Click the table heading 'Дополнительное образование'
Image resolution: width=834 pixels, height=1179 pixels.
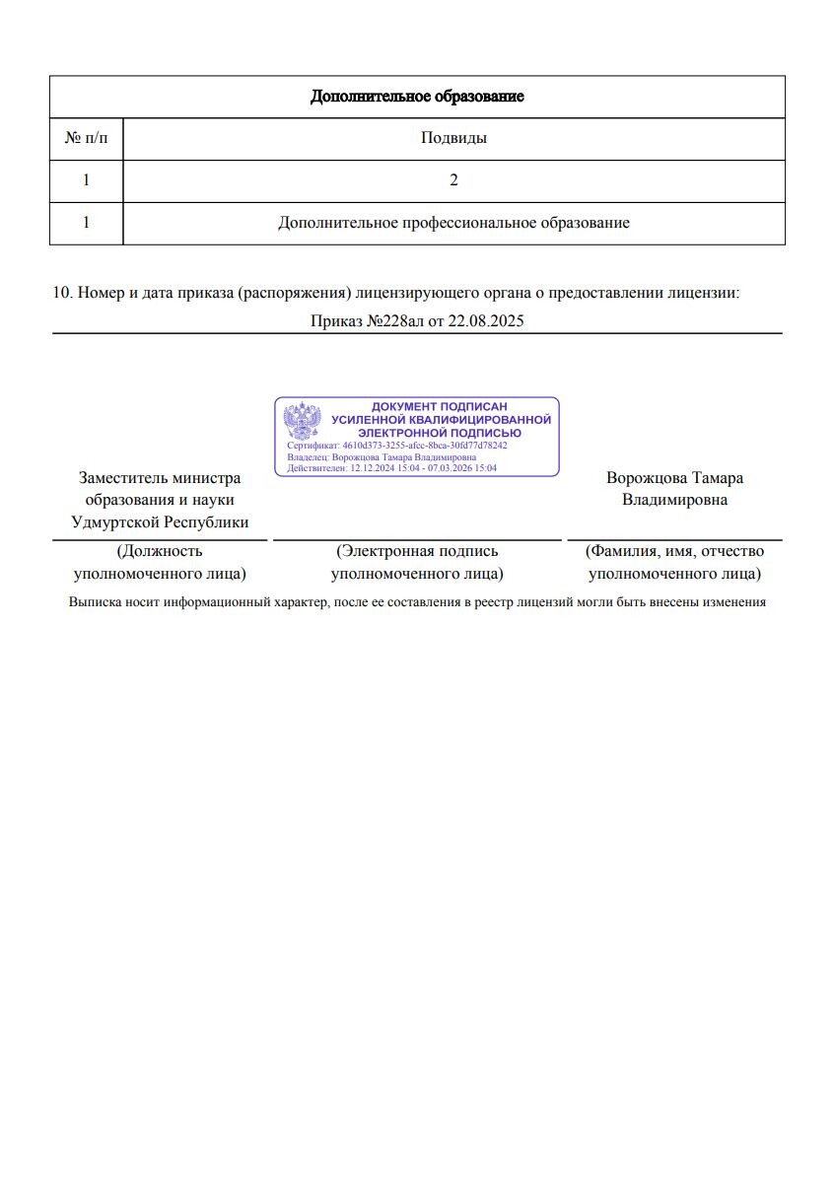click(417, 97)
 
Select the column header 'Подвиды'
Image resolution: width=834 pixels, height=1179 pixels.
click(453, 138)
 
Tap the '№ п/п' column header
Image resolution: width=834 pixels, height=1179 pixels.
click(86, 138)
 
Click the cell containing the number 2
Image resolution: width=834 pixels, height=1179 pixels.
click(453, 180)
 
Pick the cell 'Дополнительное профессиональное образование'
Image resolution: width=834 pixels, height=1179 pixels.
click(453, 223)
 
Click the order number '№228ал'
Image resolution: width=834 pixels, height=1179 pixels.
click(392, 321)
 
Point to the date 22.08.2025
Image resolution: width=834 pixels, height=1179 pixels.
click(485, 321)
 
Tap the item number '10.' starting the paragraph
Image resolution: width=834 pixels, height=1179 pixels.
click(62, 293)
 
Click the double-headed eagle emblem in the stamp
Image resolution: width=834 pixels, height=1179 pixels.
click(303, 421)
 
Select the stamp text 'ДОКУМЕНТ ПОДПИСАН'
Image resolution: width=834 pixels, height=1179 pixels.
click(439, 407)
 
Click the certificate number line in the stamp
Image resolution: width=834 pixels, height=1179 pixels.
click(397, 446)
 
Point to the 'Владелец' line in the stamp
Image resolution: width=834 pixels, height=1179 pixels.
click(382, 457)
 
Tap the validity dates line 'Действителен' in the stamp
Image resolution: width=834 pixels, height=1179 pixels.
click(391, 468)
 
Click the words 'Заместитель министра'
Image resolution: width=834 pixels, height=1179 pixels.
click(160, 478)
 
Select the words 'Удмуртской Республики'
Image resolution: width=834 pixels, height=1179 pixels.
click(160, 522)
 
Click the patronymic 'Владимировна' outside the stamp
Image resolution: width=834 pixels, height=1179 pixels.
click(674, 500)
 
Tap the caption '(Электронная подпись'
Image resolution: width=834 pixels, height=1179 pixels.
click(417, 551)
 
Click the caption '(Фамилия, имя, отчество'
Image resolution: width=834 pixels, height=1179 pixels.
click(674, 551)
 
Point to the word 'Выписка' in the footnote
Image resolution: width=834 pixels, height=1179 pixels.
click(93, 601)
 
